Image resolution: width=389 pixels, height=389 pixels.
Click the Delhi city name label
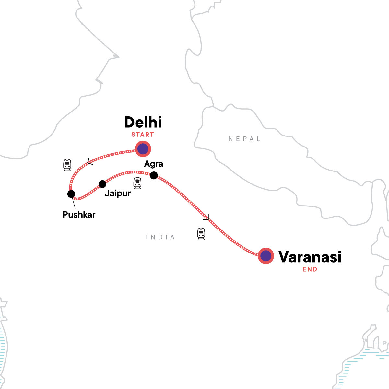(x=143, y=123)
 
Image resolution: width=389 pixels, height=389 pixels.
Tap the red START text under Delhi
(x=143, y=135)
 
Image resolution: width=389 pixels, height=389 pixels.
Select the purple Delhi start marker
(x=143, y=149)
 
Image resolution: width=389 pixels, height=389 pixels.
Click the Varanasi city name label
(x=310, y=257)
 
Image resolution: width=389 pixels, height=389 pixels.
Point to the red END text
(x=310, y=269)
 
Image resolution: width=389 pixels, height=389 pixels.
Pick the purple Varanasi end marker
(x=266, y=256)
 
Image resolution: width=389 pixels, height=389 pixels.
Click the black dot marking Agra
(x=154, y=175)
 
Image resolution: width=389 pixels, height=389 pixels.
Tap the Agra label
(x=154, y=164)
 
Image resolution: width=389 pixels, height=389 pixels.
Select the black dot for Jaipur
(x=102, y=184)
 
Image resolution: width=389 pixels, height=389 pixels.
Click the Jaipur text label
(x=118, y=194)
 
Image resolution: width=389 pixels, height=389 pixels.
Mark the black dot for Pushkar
(x=71, y=194)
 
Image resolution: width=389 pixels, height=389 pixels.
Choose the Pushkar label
(x=79, y=215)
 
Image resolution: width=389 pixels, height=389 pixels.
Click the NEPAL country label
(x=244, y=139)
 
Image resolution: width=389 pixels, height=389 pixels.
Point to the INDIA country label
(x=160, y=237)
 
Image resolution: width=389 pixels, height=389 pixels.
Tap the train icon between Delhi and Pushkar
(x=67, y=165)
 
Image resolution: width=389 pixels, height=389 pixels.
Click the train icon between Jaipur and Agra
(x=137, y=183)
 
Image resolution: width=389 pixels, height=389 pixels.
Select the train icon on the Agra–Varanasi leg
(x=201, y=233)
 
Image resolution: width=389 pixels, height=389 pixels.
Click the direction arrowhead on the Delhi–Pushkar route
(x=90, y=161)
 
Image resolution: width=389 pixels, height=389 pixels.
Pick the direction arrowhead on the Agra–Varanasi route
(x=206, y=217)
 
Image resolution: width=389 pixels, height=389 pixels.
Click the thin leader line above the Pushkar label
(x=74, y=203)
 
